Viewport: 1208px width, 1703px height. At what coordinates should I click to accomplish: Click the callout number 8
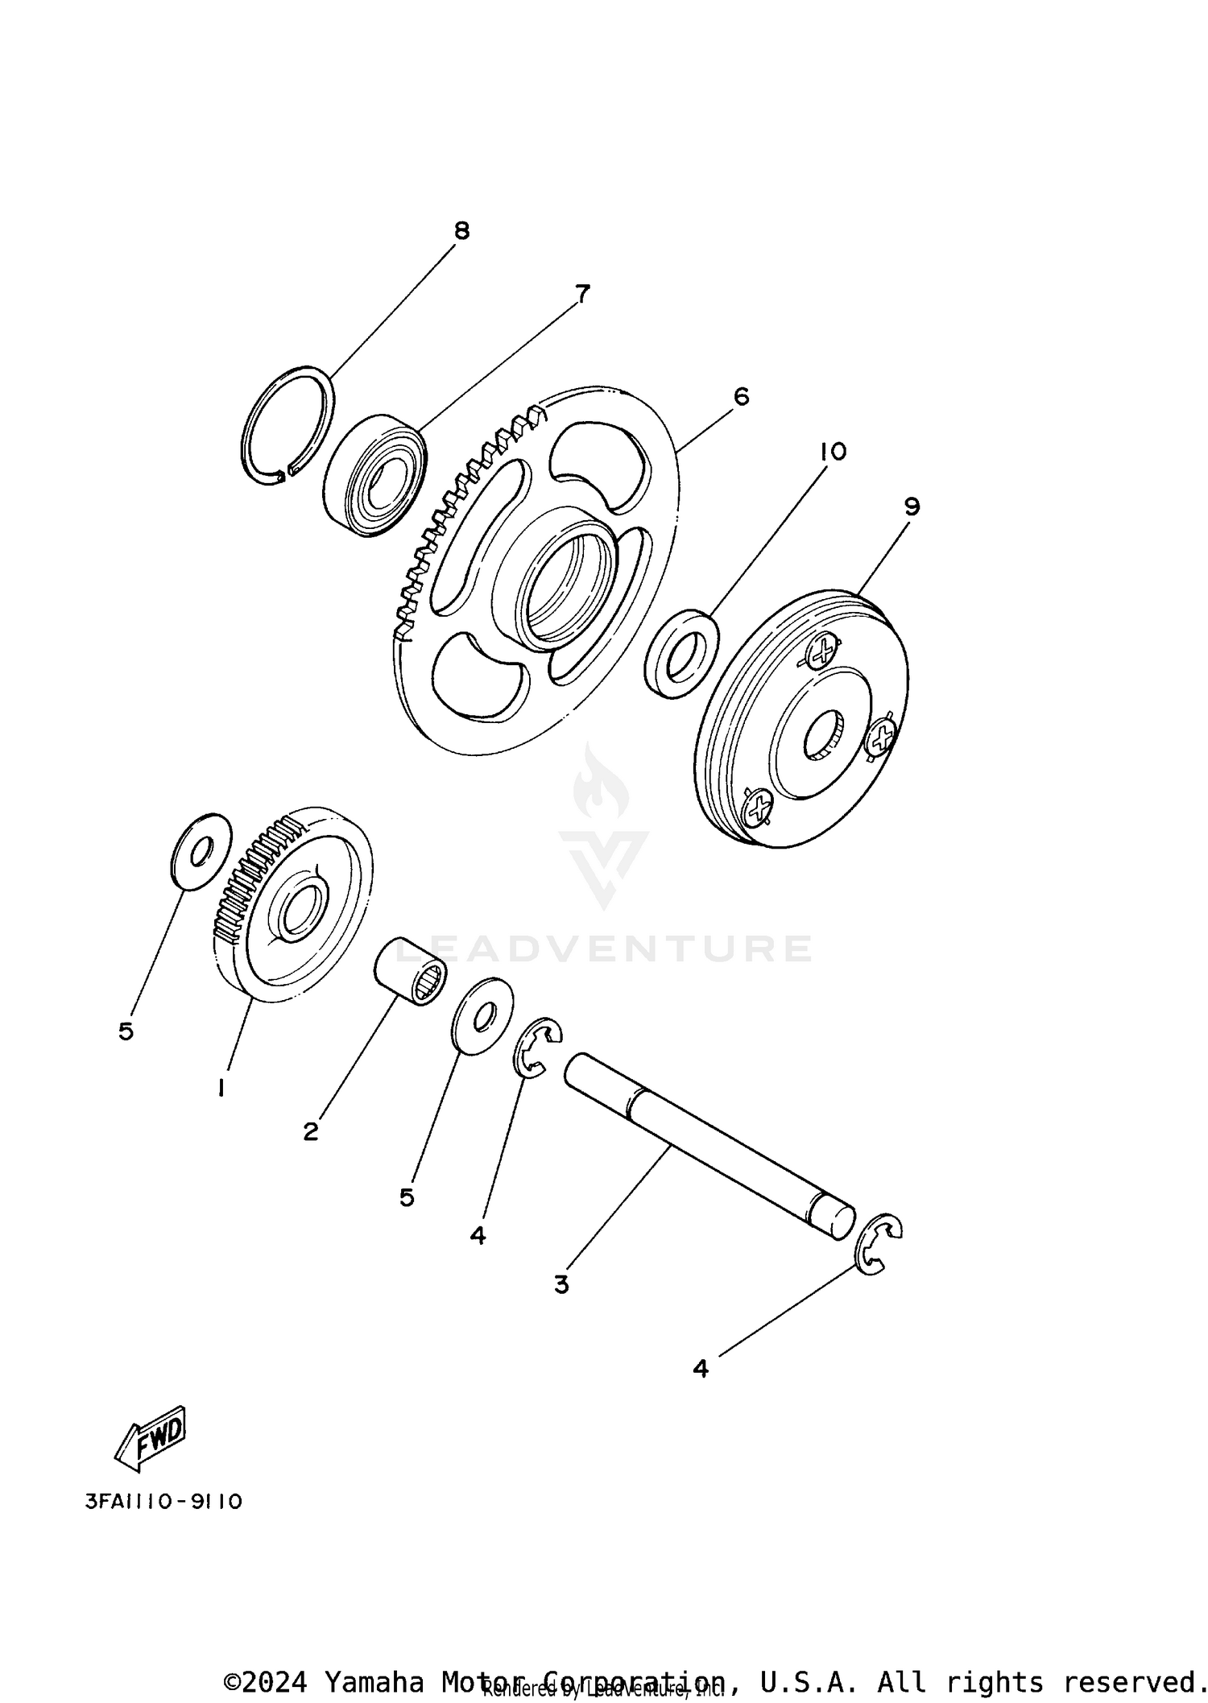tap(461, 231)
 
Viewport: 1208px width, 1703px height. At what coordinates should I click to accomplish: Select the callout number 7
tap(581, 294)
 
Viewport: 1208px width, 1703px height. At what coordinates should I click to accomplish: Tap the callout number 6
tap(741, 396)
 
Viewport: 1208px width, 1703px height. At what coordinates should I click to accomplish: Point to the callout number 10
tap(834, 452)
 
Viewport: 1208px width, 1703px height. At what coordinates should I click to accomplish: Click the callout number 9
tap(912, 506)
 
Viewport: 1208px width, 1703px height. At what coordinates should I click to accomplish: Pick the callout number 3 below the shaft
tap(561, 1283)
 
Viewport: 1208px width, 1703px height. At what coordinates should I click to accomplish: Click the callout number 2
tap(311, 1131)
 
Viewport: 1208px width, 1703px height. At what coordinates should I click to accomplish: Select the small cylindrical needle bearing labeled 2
tap(411, 970)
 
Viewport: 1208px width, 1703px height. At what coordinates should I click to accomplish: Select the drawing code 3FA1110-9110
tap(163, 1502)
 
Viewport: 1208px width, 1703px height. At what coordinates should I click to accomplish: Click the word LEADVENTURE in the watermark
tap(604, 949)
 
